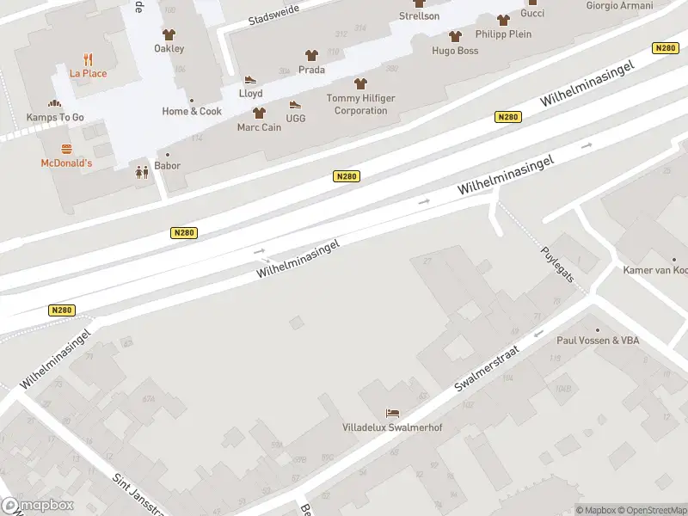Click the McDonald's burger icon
66,149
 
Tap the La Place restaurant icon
88,59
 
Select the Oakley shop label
169,48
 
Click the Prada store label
311,69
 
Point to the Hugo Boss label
455,51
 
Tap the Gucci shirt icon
503,20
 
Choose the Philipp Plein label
503,34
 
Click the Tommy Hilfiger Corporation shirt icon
360,83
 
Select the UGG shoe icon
295,105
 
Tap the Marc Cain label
259,127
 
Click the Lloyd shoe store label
251,93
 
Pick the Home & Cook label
192,111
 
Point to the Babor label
168,165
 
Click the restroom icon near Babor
141,172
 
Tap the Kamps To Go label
55,116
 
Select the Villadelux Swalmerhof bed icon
392,413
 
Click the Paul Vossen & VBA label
598,341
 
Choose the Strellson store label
420,16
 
